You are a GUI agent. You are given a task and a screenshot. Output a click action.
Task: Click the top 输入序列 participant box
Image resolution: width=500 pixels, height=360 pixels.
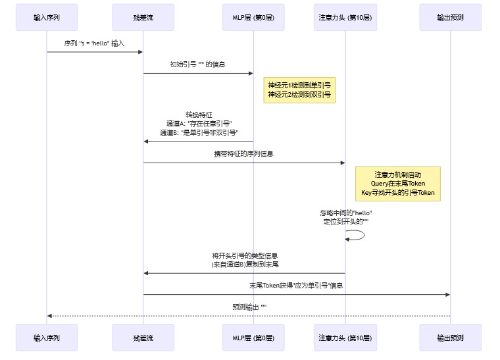(47, 17)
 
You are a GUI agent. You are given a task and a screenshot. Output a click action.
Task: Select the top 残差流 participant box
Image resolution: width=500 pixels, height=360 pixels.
(143, 17)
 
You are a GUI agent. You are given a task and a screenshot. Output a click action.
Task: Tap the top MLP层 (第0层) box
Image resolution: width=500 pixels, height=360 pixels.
(253, 17)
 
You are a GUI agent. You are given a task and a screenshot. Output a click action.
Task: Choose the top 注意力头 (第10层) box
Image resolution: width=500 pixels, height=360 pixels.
(345, 17)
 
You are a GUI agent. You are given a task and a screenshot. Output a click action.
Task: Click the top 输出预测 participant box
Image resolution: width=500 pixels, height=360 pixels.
(451, 17)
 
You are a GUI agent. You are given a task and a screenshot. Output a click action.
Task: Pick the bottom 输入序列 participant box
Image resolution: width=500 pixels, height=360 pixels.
(47, 338)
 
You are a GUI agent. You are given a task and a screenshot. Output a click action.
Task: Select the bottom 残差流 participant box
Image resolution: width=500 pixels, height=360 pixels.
(143, 338)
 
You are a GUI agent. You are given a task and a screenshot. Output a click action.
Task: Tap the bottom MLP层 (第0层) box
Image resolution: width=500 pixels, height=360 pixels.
(253, 338)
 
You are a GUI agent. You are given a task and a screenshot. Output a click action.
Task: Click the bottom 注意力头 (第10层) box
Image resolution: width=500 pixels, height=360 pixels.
(345, 338)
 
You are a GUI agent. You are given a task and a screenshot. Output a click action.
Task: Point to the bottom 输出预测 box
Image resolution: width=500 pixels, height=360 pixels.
(451, 338)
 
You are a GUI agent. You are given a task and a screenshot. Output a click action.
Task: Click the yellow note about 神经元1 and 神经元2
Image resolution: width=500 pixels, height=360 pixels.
(299, 90)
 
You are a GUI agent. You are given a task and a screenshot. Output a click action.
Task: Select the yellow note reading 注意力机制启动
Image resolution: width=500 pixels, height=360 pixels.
(397, 184)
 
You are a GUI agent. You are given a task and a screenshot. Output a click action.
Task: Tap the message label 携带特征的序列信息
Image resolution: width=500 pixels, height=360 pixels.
(243, 154)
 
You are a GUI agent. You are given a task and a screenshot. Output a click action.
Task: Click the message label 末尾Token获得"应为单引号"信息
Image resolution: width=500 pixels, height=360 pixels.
(296, 286)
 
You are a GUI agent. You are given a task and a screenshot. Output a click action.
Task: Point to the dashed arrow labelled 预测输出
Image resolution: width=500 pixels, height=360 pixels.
(249, 316)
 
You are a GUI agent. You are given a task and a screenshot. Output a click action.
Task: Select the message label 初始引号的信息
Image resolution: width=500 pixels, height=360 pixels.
(197, 64)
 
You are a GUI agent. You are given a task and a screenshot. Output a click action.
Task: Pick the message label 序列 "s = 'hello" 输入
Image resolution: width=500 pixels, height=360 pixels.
(95, 43)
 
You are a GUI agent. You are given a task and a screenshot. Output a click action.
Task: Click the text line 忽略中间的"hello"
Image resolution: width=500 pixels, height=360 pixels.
(346, 213)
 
